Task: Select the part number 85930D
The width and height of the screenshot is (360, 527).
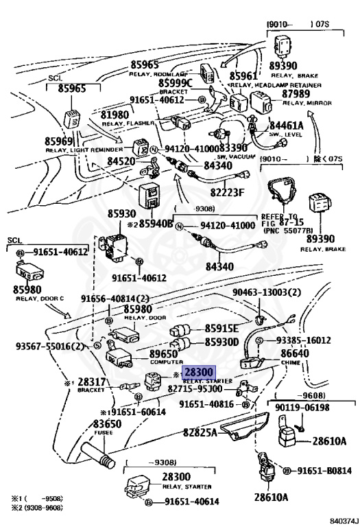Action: [x=223, y=342]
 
